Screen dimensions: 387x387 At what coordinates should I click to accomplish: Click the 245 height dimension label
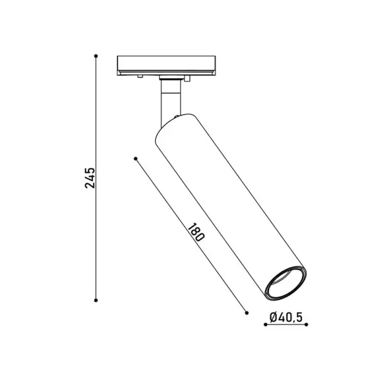[x=90, y=178]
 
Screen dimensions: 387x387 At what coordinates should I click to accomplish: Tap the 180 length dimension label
[x=196, y=232]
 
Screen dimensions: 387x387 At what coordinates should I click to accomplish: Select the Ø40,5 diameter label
[x=286, y=317]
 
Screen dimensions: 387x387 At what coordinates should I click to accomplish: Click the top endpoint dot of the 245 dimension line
[x=96, y=56]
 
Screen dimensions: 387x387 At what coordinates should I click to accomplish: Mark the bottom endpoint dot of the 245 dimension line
[x=96, y=301]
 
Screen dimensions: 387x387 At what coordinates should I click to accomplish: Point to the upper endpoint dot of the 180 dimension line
[x=135, y=159]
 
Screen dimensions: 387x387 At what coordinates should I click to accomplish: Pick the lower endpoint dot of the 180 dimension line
[x=246, y=313]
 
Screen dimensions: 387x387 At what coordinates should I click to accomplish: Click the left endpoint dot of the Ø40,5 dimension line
[x=266, y=324]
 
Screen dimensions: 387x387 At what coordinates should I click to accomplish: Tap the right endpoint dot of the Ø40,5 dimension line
[x=306, y=324]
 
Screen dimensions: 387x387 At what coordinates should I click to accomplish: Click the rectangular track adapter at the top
[x=166, y=65]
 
